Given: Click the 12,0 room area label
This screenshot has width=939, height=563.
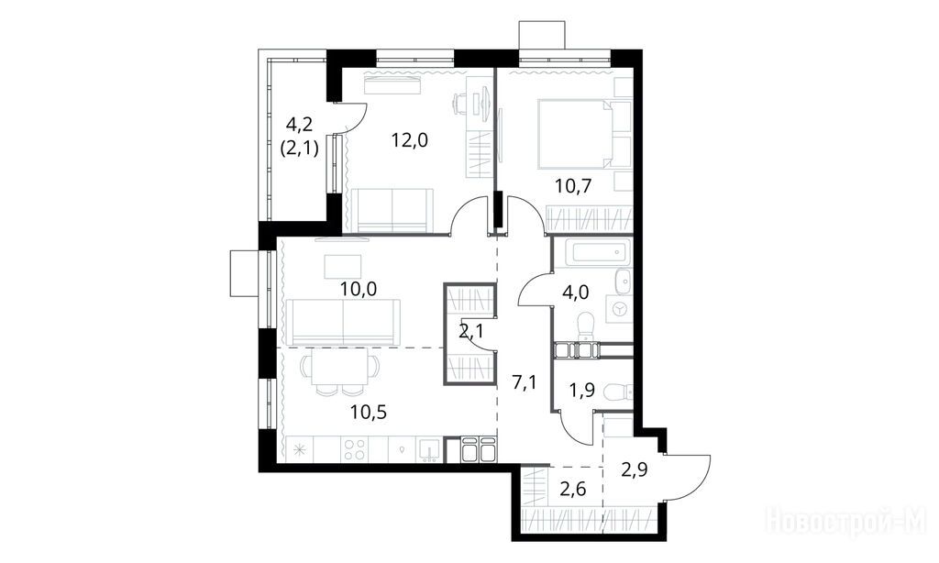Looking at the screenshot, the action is coord(410,141).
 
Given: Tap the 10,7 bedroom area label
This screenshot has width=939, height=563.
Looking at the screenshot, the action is coord(573,186).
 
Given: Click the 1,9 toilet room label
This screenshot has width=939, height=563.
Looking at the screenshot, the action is coord(581,391).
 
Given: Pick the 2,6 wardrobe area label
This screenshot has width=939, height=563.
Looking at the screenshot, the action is coord(572,490).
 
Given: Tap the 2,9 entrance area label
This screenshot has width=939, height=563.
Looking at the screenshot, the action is coord(635,469).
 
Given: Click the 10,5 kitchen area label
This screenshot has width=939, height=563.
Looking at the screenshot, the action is coord(369,412).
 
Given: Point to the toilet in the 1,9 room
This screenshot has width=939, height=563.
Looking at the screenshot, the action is coord(618,392).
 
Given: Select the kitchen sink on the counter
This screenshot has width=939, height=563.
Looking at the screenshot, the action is coord(430,450).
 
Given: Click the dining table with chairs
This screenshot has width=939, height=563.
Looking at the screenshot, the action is coord(340,371).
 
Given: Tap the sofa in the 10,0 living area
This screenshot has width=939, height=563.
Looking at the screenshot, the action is coord(343,322).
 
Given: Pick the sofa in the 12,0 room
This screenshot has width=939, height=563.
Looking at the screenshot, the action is coord(392,210).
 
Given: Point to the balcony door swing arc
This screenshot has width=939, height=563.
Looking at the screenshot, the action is coord(356,121).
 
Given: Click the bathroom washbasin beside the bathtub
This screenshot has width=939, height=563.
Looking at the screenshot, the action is coord(624,281).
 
